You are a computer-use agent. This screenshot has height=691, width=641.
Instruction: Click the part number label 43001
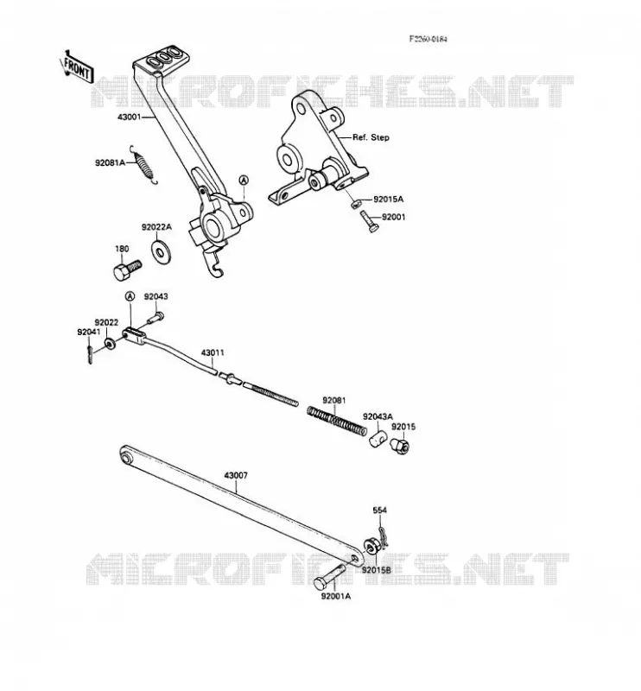pyautogui.click(x=130, y=117)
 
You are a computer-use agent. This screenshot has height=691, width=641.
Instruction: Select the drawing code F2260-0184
pyautogui.click(x=428, y=39)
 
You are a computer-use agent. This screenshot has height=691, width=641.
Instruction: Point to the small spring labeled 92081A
pyautogui.click(x=143, y=164)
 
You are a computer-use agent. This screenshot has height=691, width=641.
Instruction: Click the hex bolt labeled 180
pyautogui.click(x=127, y=269)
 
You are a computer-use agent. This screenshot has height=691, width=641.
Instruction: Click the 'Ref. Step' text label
pyautogui.click(x=371, y=137)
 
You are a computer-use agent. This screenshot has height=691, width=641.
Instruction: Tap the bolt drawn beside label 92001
pyautogui.click(x=369, y=221)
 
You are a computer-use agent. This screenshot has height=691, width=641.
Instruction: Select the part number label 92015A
pyautogui.click(x=389, y=200)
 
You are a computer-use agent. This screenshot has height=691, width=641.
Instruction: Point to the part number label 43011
pyautogui.click(x=213, y=352)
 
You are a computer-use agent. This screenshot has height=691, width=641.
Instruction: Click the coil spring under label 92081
pyautogui.click(x=336, y=421)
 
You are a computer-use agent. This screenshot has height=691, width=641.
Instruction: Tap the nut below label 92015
pyautogui.click(x=400, y=445)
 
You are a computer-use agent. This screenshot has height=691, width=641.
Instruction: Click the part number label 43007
pyautogui.click(x=236, y=476)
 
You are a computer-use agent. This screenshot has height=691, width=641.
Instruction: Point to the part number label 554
pyautogui.click(x=379, y=510)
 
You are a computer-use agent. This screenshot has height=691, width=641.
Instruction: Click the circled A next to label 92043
pyautogui.click(x=130, y=296)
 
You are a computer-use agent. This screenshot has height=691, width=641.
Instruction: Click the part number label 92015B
pyautogui.click(x=377, y=570)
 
